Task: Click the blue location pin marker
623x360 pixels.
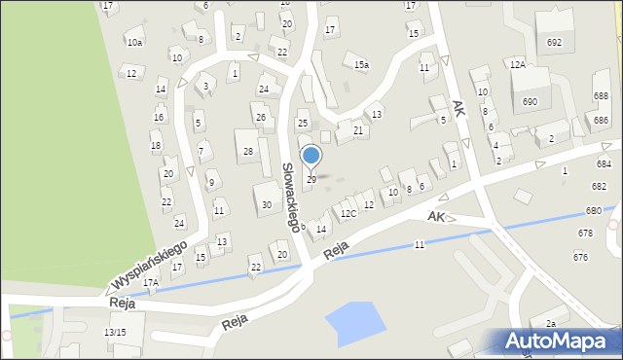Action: (x=311, y=156)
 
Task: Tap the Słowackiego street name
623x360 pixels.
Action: (x=289, y=196)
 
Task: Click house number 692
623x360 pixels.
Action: (x=554, y=43)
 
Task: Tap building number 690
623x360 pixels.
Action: (x=531, y=101)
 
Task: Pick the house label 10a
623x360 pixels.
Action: (x=134, y=43)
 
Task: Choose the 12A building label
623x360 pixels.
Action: (x=517, y=64)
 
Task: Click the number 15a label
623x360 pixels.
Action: (x=361, y=65)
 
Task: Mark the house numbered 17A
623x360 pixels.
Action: (x=150, y=283)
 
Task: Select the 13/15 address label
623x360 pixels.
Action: (x=115, y=333)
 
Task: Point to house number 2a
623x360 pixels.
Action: (x=550, y=324)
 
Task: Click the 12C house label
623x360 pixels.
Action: (x=348, y=213)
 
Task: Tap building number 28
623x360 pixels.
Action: (x=248, y=151)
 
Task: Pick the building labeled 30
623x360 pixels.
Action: (x=267, y=205)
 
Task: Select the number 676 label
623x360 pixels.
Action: (x=580, y=257)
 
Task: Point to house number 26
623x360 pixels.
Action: (x=260, y=118)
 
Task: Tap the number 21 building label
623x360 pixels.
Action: (x=358, y=130)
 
